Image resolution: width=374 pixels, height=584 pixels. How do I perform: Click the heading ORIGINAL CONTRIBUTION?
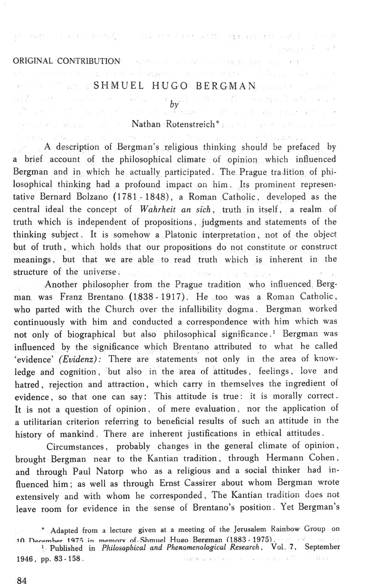click(x=67, y=61)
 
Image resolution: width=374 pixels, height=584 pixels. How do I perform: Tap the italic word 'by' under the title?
click(x=174, y=105)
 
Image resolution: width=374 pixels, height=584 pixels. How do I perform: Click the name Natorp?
click(x=108, y=471)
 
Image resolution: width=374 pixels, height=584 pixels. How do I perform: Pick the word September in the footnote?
click(x=322, y=547)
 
